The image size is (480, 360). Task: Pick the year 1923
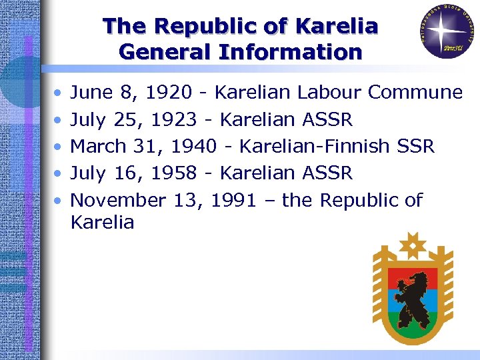(x=173, y=119)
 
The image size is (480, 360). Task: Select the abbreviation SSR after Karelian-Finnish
(x=417, y=146)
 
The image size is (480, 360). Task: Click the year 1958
(x=173, y=173)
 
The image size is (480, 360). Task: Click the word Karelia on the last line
(x=102, y=223)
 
